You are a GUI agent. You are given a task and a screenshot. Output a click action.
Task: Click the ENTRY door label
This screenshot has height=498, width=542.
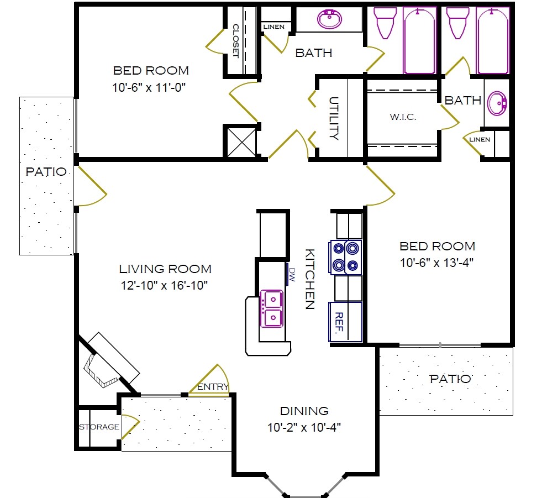click(213, 387)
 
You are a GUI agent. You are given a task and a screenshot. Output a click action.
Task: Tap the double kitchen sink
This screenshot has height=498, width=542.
click(272, 309)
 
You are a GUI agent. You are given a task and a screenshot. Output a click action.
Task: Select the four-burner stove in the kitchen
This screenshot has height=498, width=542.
click(345, 257)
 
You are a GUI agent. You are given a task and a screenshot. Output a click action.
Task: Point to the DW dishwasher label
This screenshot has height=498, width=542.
click(293, 275)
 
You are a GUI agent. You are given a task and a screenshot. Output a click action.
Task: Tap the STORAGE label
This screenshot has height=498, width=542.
click(99, 427)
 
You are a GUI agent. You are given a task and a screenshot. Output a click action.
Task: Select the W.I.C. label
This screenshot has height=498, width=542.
click(403, 117)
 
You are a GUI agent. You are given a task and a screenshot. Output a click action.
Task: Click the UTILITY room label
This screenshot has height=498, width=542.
click(334, 118)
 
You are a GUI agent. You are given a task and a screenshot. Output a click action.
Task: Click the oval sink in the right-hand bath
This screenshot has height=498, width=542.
click(498, 103)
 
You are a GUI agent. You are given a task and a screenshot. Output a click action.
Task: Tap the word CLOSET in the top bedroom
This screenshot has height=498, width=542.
click(235, 41)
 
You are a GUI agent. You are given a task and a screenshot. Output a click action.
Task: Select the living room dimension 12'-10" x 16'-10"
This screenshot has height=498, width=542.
click(165, 285)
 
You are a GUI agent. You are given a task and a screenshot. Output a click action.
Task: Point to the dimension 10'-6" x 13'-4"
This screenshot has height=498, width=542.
click(436, 263)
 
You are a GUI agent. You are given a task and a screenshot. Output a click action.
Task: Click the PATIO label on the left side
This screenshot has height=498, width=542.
click(46, 172)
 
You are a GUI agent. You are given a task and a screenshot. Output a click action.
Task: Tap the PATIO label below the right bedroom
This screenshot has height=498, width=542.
click(450, 379)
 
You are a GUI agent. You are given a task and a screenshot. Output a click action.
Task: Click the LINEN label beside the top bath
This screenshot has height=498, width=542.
click(274, 27)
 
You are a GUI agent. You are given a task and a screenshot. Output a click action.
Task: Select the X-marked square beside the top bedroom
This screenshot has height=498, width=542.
click(241, 141)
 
